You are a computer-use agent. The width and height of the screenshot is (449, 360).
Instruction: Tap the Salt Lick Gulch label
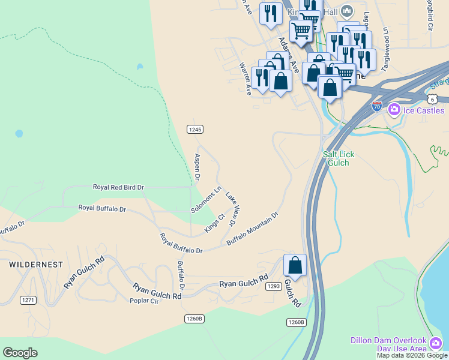tap(339, 158)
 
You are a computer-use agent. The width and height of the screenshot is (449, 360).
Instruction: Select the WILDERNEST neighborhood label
tap(35, 264)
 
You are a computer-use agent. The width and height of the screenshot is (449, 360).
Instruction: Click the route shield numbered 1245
tap(194, 129)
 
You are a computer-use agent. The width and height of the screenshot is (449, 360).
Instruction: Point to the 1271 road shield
tap(28, 300)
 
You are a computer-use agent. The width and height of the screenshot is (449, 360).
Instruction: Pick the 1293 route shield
tap(274, 286)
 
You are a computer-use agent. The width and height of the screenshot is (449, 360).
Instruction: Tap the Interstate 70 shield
tap(376, 107)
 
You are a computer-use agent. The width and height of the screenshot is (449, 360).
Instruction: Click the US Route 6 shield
tap(432, 98)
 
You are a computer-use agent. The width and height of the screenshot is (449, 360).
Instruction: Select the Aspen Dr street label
tap(197, 167)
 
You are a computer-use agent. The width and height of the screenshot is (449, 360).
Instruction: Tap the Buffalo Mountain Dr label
tap(253, 228)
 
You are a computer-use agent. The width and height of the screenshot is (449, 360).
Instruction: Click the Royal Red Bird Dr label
tap(118, 187)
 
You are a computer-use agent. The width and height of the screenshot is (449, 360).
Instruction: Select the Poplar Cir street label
tap(143, 301)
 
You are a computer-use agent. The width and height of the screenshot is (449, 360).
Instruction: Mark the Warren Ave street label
tap(245, 79)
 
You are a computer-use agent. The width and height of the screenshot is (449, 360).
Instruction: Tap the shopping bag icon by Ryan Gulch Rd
tap(295, 265)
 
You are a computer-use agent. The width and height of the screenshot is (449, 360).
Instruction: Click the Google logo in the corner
tap(20, 353)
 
